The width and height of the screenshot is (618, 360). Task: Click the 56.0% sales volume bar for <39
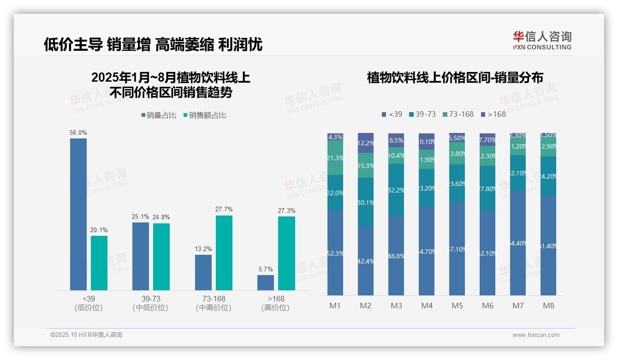78,214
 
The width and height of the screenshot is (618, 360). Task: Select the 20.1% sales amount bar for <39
99,263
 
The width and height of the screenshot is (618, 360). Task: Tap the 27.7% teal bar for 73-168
224,253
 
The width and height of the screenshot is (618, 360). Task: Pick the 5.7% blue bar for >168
266,282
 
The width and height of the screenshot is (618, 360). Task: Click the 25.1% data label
141,217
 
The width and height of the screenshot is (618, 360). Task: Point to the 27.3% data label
286,210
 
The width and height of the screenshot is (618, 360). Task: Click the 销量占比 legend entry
159,115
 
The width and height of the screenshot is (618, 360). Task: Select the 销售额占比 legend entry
205,115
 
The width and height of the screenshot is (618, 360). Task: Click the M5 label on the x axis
457,306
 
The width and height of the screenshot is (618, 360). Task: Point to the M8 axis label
548,306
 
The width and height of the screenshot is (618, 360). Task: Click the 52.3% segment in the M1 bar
335,253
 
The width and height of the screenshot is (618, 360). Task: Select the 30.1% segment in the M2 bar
366,202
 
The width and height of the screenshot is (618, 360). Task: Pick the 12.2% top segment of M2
366,143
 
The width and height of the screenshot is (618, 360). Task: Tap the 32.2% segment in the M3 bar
396,190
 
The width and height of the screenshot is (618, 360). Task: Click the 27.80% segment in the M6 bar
487,188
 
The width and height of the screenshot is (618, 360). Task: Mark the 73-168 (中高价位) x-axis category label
214,303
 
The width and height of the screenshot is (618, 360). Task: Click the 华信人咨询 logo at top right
542,40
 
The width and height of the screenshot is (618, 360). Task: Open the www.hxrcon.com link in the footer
536,335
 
